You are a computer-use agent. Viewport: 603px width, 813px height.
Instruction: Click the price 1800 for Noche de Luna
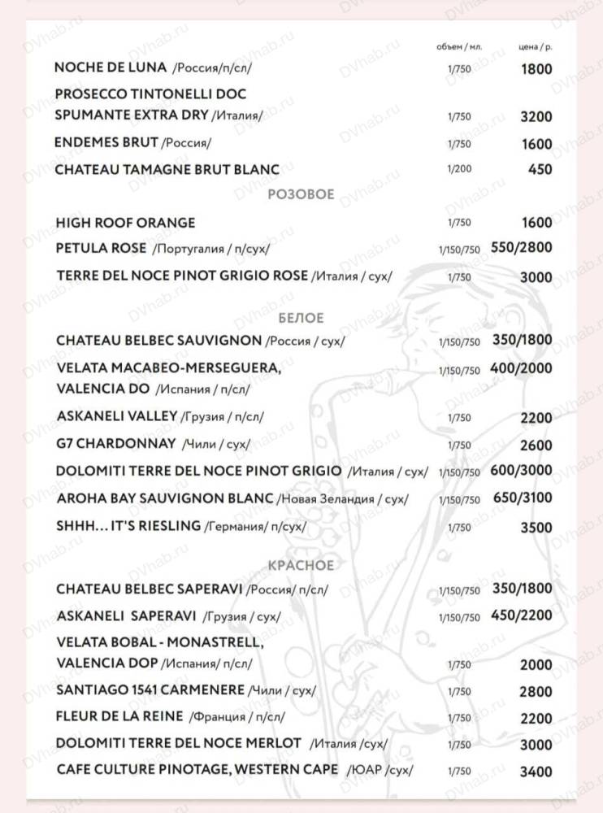click(536, 69)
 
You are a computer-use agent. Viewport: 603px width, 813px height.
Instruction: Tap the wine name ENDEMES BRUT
click(106, 142)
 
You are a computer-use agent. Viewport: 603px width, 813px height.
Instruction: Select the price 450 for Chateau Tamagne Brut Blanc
click(540, 170)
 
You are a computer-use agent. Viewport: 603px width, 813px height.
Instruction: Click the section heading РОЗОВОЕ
click(301, 195)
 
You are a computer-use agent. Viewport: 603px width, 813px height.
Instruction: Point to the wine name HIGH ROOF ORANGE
click(126, 222)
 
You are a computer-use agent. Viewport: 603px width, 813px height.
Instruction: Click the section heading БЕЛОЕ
click(301, 317)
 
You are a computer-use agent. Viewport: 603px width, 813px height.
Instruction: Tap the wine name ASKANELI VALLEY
click(117, 416)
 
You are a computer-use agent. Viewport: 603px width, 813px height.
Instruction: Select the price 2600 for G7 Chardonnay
click(536, 445)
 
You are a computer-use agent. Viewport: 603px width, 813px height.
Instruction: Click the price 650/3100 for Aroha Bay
click(522, 497)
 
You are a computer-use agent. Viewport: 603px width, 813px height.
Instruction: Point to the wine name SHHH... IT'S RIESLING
click(128, 525)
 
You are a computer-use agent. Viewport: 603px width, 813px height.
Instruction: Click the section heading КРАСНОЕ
click(301, 565)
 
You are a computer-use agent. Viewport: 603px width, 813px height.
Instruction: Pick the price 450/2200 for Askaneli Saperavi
click(522, 615)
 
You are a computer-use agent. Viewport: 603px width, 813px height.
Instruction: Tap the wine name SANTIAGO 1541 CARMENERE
click(150, 690)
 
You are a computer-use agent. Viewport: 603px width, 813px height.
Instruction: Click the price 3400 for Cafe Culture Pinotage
click(536, 771)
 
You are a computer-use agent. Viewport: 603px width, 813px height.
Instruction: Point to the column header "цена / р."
click(535, 46)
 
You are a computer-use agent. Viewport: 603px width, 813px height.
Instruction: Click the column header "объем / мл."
click(459, 46)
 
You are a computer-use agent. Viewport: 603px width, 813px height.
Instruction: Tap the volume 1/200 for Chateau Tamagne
click(458, 170)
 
